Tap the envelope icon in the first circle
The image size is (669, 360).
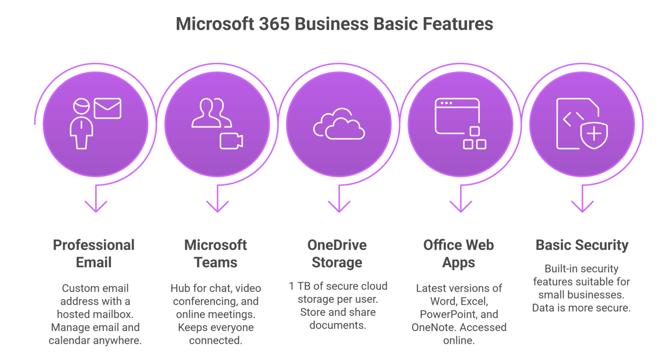(107, 109)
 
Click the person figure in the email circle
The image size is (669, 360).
(81, 124)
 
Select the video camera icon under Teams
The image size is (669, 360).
(231, 141)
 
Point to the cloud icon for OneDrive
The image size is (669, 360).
(339, 124)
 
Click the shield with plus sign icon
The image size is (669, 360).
(595, 132)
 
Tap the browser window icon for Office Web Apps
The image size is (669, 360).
(457, 115)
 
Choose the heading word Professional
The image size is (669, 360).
(94, 245)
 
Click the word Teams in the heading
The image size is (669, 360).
(216, 263)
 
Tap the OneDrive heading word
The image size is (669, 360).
(337, 245)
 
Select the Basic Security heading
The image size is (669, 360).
(582, 245)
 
